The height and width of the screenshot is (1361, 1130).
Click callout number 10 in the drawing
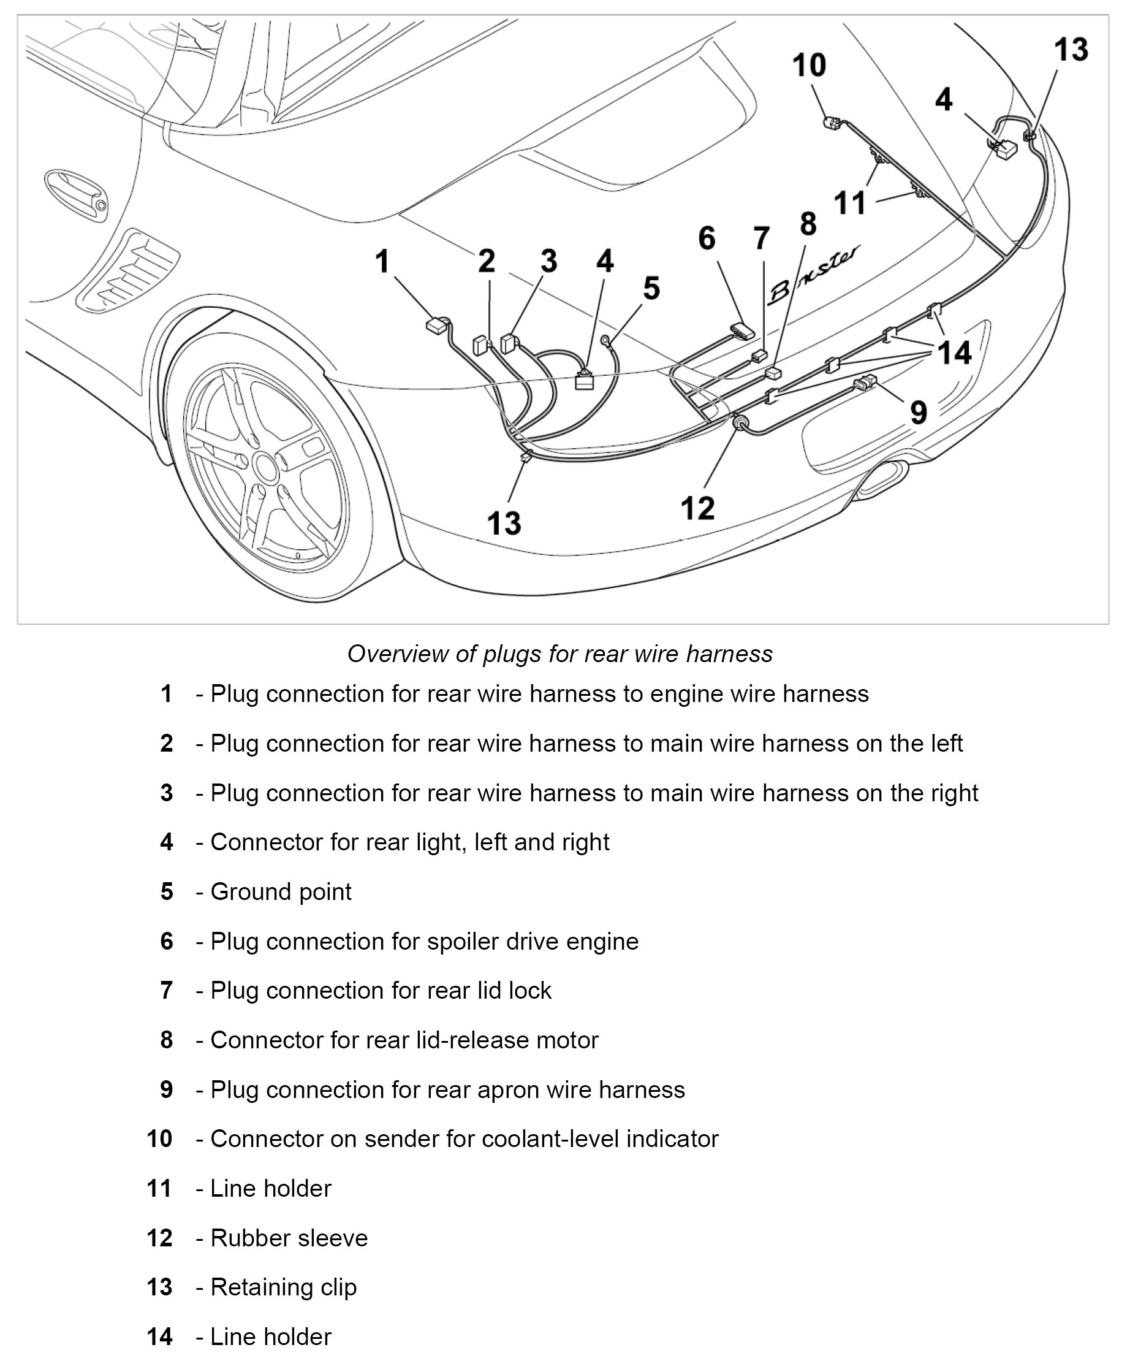pyautogui.click(x=810, y=66)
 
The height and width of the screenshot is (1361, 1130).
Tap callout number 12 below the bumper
pyautogui.click(x=697, y=508)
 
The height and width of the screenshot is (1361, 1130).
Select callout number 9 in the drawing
pyautogui.click(x=918, y=412)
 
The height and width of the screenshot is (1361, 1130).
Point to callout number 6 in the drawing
pyautogui.click(x=707, y=238)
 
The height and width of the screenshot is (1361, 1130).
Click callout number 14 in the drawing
pyautogui.click(x=954, y=353)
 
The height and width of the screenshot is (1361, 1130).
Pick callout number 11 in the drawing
pyautogui.click(x=849, y=203)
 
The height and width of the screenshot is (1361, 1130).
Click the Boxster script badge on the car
pyautogui.click(x=814, y=275)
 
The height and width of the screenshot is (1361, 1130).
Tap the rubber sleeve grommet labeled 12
pyautogui.click(x=738, y=424)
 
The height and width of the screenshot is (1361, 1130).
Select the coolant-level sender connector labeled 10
pyautogui.click(x=832, y=122)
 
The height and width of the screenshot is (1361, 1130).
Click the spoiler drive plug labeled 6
pyautogui.click(x=743, y=332)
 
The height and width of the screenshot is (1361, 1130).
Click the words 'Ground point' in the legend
pyautogui.click(x=281, y=892)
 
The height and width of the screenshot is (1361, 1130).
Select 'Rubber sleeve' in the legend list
pyautogui.click(x=289, y=1238)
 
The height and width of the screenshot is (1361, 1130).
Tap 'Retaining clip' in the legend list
pyautogui.click(x=283, y=1287)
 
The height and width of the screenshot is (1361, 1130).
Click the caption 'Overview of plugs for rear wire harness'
pyautogui.click(x=560, y=654)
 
